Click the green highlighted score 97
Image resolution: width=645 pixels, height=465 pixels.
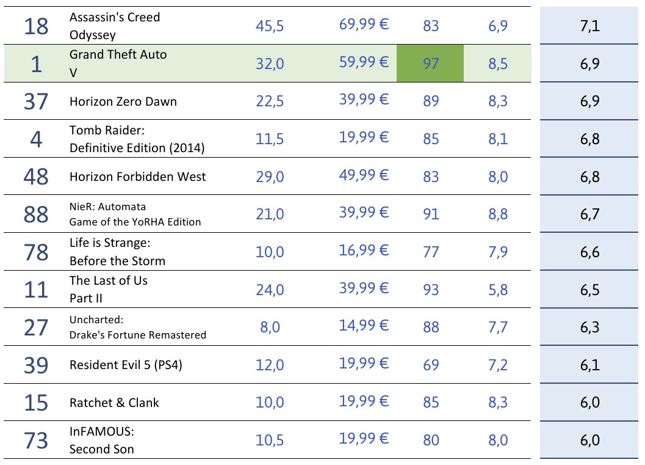point(430,64)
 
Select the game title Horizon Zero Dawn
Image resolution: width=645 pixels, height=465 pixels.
point(123,101)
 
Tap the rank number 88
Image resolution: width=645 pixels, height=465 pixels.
point(35,214)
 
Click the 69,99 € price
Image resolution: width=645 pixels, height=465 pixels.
point(364,24)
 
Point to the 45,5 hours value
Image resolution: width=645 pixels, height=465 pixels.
point(270,26)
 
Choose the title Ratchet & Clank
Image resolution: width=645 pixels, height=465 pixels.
point(114,403)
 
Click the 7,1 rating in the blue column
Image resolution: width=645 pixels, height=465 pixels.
point(590,26)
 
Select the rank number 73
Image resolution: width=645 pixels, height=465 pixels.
point(35,440)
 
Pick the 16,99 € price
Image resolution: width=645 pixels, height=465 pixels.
point(364,251)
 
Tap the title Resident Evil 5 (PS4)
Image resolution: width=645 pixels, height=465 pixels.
point(126,365)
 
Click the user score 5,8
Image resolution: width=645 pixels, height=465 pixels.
point(498,290)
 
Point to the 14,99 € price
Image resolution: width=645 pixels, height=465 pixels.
point(364,326)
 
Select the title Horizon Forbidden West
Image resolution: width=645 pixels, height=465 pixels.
point(137,177)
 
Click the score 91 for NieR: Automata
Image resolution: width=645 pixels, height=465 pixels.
point(431,214)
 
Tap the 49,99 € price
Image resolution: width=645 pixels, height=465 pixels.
point(364,175)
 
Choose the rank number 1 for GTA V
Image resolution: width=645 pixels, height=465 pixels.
point(35,64)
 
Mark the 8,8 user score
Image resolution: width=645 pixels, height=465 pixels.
point(498,214)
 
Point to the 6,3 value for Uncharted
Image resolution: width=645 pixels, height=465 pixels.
point(590,327)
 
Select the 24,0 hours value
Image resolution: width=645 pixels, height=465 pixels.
point(270,290)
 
